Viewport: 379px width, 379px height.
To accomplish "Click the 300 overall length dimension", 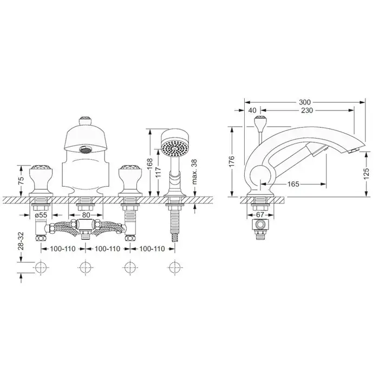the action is pyautogui.click(x=305, y=102).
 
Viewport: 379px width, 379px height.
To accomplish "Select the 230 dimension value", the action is pyautogui.click(x=307, y=110).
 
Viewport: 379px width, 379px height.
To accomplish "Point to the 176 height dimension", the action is pyautogui.click(x=232, y=161).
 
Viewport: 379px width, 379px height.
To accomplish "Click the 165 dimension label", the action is pyautogui.click(x=293, y=184).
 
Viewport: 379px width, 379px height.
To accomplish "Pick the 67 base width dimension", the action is pyautogui.click(x=260, y=214).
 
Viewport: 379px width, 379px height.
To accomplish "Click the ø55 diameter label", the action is pyautogui.click(x=41, y=215).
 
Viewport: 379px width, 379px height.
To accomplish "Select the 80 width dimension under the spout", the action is pyautogui.click(x=86, y=215).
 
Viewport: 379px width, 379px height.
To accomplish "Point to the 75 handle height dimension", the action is pyautogui.click(x=21, y=180).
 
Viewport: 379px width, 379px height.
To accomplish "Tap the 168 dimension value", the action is pyautogui.click(x=149, y=164).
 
